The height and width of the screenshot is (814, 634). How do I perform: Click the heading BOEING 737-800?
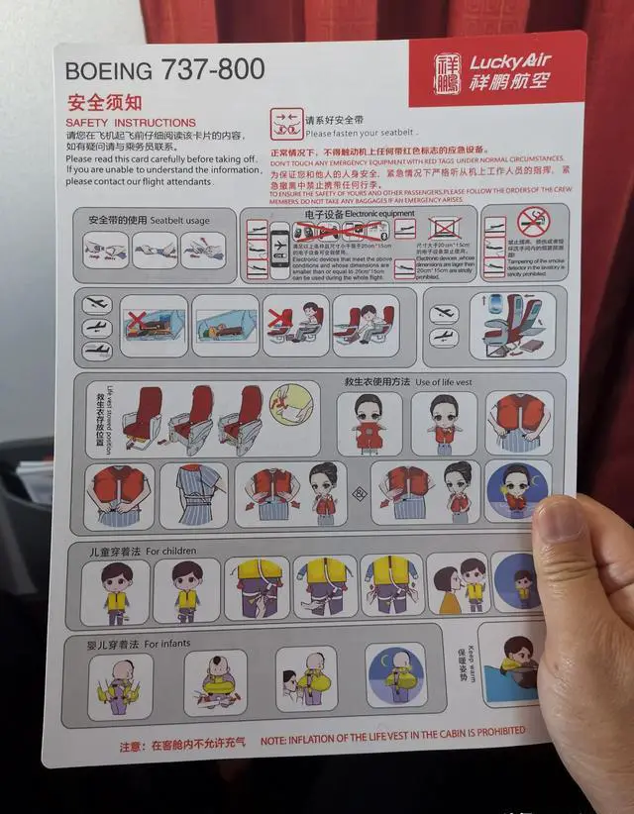pos(164,70)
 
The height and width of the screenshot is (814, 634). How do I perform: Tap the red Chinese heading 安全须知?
pos(104,102)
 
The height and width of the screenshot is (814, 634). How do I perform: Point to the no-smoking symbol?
pos(533,221)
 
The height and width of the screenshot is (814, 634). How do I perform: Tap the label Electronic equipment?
pos(380,214)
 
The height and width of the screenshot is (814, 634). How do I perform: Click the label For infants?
pos(167,644)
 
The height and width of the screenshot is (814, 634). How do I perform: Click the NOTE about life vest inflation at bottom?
pos(393,735)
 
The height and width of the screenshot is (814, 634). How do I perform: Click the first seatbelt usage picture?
pos(106,250)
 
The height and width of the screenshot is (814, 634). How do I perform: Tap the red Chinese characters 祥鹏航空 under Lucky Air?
pos(509,84)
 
